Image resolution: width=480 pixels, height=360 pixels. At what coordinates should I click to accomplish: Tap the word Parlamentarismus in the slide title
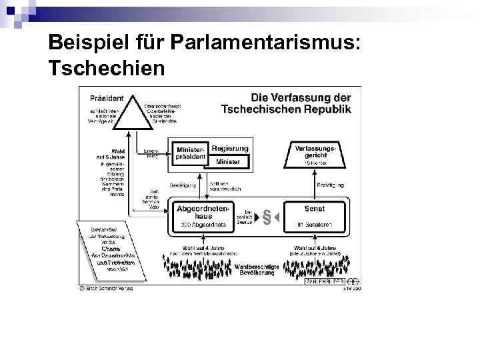[x=267, y=43]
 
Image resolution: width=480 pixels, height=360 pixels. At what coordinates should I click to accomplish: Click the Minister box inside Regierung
[x=228, y=161]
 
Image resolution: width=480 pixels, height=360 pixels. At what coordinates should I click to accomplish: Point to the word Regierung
[x=230, y=149]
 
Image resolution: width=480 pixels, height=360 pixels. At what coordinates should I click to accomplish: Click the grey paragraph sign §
[x=266, y=217]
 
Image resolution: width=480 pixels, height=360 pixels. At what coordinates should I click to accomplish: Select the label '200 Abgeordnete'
[x=202, y=225]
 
